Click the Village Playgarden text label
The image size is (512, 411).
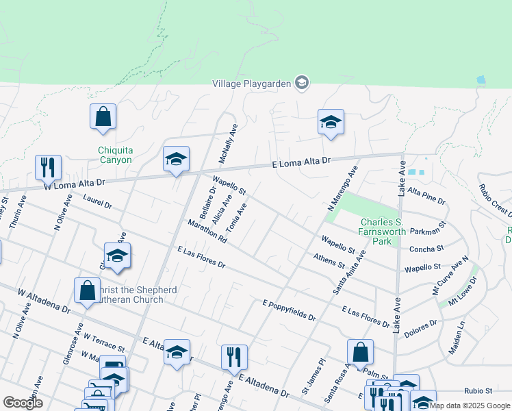pyautogui.click(x=252, y=84)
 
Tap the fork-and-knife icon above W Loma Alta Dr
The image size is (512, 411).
pyautogui.click(x=48, y=166)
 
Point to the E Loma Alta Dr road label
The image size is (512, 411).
pyautogui.click(x=301, y=162)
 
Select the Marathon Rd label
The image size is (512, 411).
pyautogui.click(x=206, y=231)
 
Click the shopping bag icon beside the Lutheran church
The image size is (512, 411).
pyautogui.click(x=88, y=290)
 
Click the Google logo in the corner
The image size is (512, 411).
pyautogui.click(x=23, y=403)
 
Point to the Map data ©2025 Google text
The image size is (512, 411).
pyautogui.click(x=470, y=406)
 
